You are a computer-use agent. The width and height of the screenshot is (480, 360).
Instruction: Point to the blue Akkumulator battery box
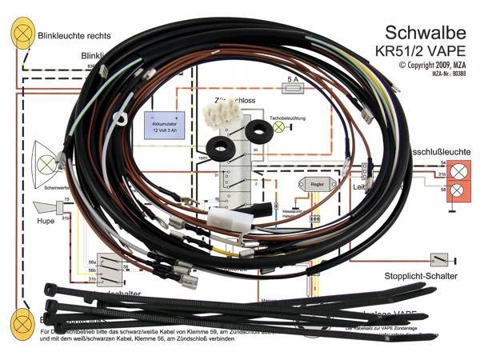click(165, 126)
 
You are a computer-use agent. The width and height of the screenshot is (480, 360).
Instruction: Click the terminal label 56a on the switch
click(92, 262)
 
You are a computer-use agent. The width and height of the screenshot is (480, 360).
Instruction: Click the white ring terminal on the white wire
click(120, 122)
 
